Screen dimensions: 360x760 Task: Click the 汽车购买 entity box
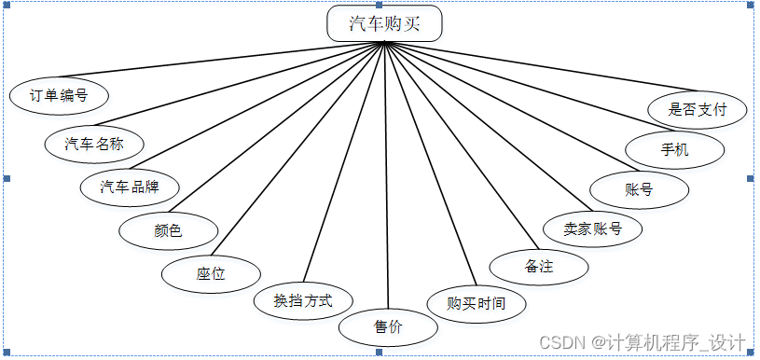pyautogui.click(x=384, y=23)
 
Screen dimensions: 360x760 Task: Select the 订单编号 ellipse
pyautogui.click(x=59, y=95)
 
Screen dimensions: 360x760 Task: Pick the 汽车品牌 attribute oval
pyautogui.click(x=131, y=187)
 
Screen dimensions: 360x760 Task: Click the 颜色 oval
pyautogui.click(x=169, y=229)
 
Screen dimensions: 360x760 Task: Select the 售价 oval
pyautogui.click(x=388, y=327)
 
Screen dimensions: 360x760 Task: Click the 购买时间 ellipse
pyautogui.click(x=477, y=303)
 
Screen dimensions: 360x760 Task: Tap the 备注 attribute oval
pyautogui.click(x=539, y=267)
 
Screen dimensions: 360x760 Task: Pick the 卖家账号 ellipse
pyautogui.click(x=593, y=228)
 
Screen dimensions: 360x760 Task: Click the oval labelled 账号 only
pyautogui.click(x=639, y=189)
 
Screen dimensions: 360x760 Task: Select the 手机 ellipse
pyautogui.click(x=674, y=149)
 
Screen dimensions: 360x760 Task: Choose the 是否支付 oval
pyautogui.click(x=698, y=109)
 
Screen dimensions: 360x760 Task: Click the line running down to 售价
pyautogui.click(x=386, y=177)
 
